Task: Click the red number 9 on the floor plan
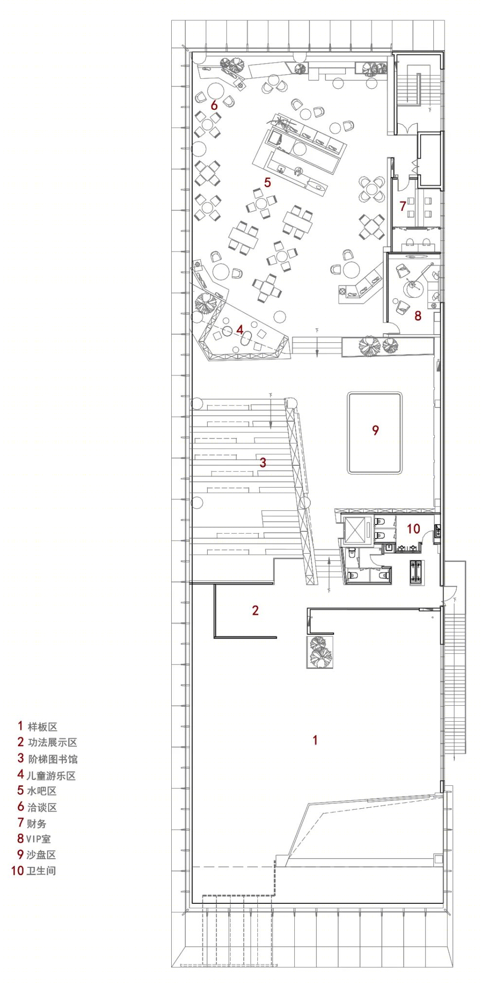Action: (375, 430)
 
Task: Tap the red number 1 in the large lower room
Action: (315, 740)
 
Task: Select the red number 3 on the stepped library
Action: (263, 462)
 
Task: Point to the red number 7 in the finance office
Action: (403, 206)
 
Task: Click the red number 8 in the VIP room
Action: (418, 316)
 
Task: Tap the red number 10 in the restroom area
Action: (413, 528)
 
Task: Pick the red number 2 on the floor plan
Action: (255, 610)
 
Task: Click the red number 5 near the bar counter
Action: (267, 183)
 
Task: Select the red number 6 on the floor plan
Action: (214, 105)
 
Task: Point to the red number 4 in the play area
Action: (240, 330)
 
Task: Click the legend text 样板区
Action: (42, 727)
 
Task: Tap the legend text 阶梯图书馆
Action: (53, 759)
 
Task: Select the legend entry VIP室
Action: (38, 838)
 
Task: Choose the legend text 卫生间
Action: (41, 870)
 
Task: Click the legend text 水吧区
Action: (42, 791)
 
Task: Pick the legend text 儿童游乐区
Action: (51, 775)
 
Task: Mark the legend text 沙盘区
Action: (41, 854)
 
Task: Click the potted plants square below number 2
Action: (320, 652)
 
